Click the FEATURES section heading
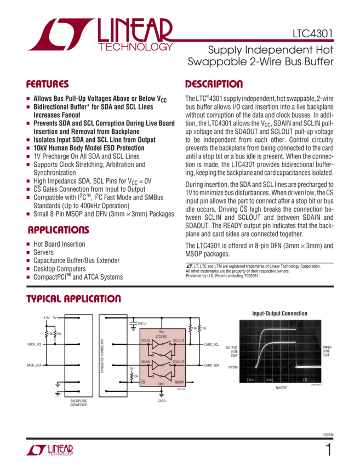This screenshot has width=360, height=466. [48, 84]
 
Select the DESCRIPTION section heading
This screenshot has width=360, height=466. [214, 84]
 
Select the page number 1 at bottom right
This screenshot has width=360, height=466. [328, 450]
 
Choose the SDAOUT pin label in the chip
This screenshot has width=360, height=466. [179, 362]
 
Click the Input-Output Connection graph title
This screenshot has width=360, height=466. [272, 314]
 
